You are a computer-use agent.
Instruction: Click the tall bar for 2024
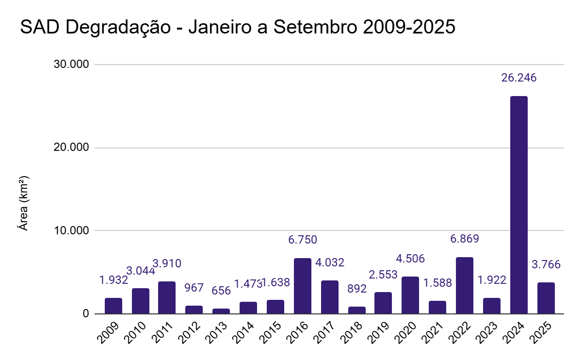519,205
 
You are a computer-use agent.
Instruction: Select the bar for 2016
303,286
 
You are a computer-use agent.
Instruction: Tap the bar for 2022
465,285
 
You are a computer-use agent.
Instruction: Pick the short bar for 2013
221,311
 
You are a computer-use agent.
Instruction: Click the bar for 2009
113,306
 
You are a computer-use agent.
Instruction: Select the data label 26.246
519,78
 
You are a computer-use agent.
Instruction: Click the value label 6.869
464,239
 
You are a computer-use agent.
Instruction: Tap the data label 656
221,291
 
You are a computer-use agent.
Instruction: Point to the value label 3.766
546,264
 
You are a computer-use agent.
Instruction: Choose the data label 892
356,289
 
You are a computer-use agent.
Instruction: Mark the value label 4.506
410,259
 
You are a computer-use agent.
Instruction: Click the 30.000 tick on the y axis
71,65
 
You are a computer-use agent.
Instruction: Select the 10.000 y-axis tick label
71,230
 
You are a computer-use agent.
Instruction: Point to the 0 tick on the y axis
86,314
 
